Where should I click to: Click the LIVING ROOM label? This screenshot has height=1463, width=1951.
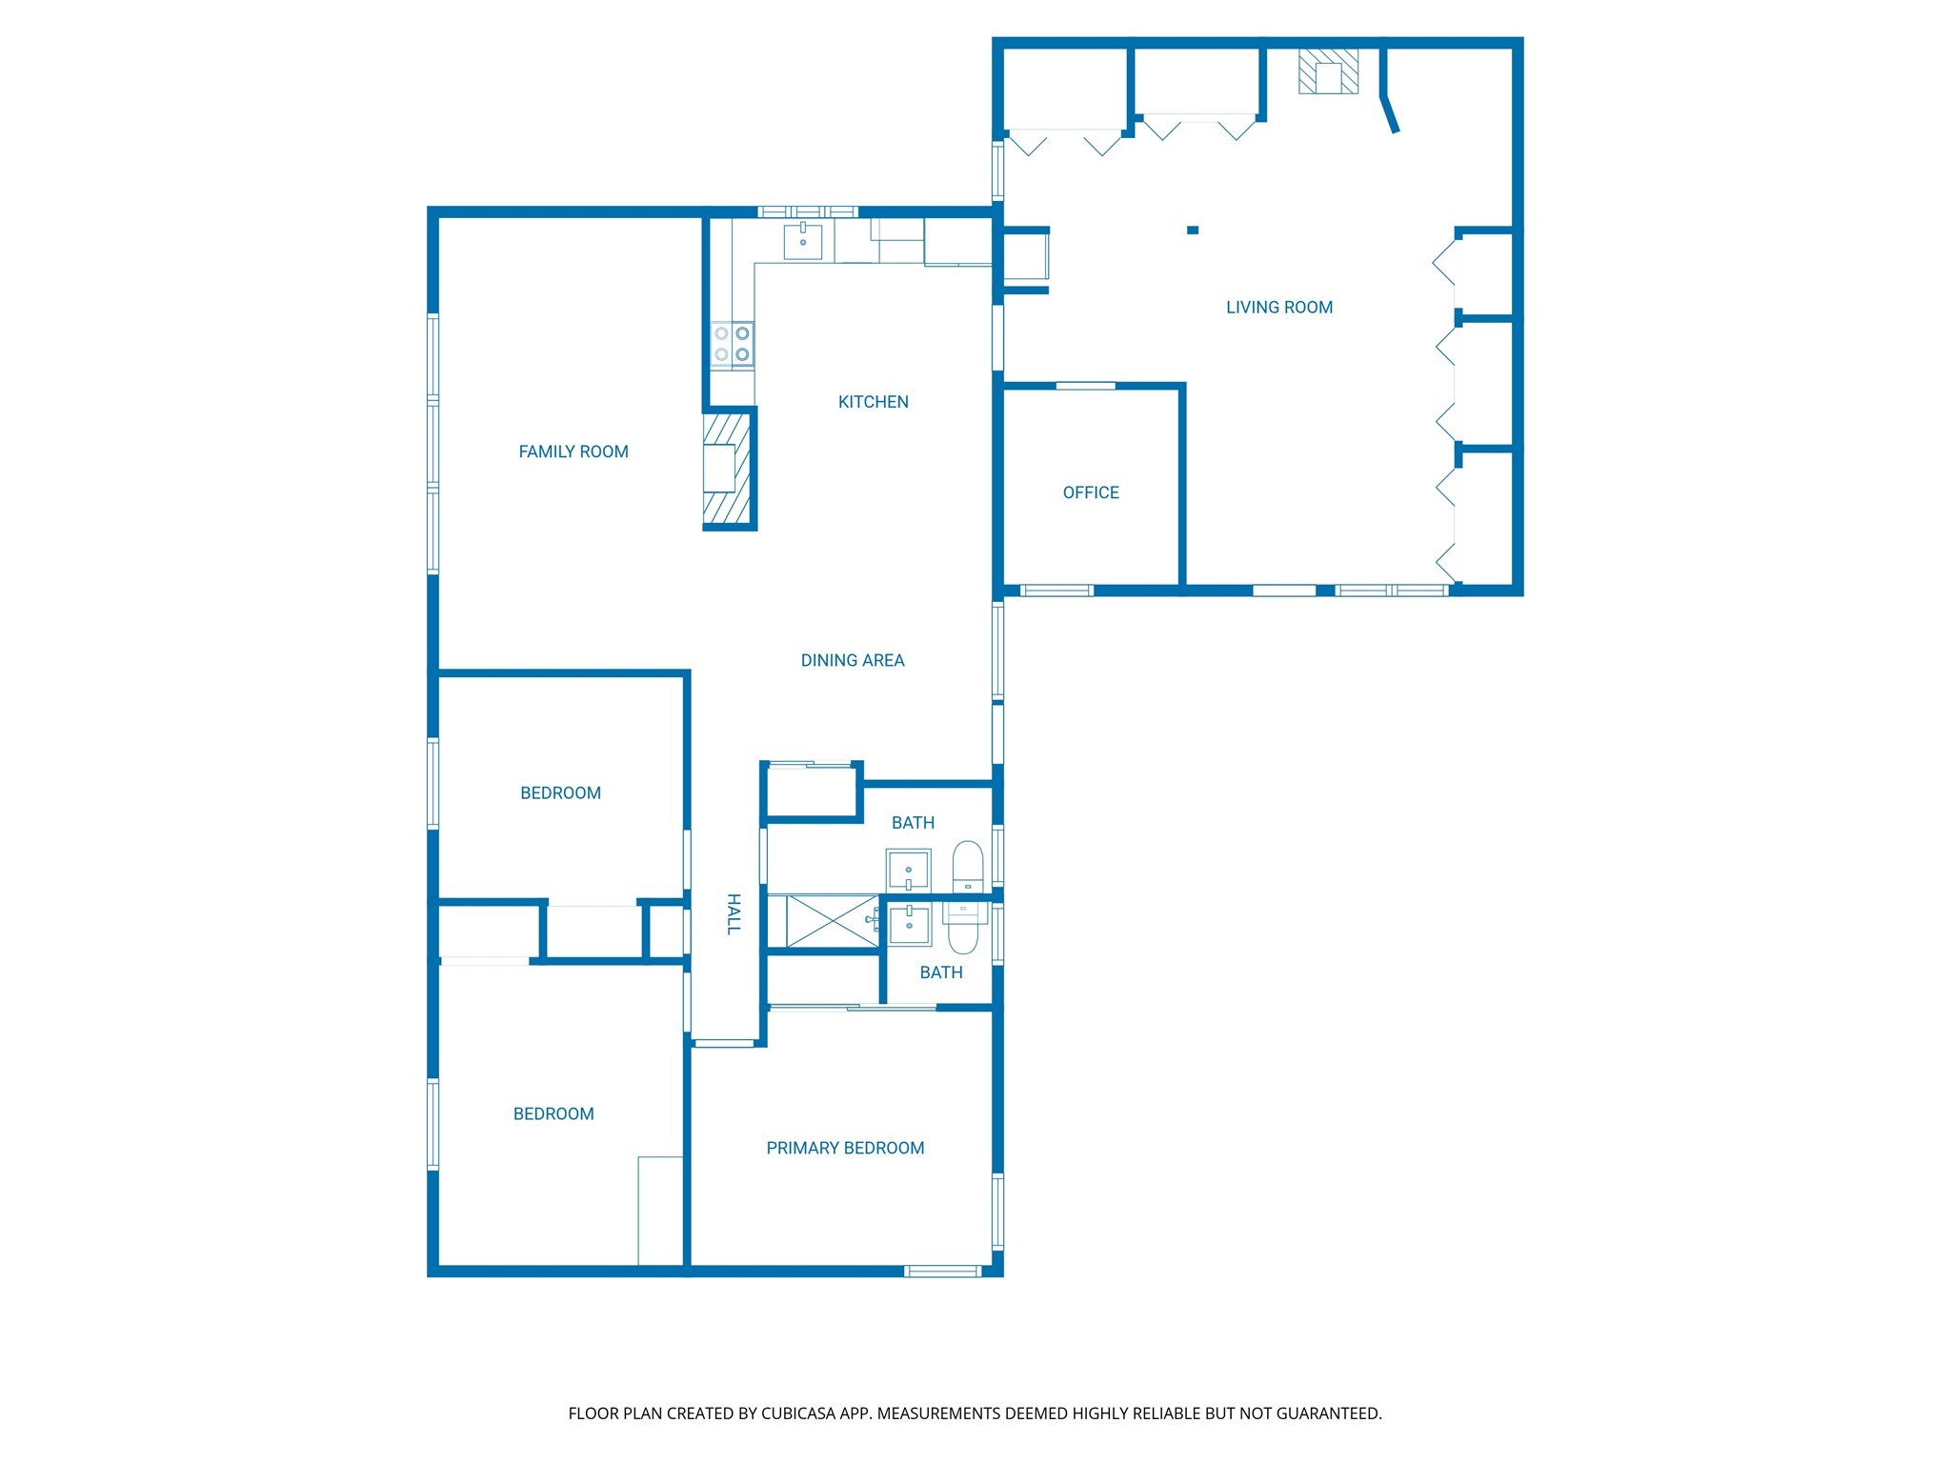1278,308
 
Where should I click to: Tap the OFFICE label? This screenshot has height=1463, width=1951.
1091,492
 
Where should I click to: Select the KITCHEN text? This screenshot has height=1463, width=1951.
873,402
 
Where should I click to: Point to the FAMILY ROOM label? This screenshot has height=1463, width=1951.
573,451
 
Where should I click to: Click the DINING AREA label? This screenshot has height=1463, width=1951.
852,660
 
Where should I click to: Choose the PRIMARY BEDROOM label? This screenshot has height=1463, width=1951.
845,1148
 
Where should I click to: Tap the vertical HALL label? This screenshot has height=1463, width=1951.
734,913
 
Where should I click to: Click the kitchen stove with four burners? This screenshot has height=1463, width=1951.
732,344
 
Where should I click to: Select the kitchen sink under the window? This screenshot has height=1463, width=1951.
802,241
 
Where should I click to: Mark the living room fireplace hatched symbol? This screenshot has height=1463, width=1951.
1328,72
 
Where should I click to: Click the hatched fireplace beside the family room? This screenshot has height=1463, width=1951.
728,469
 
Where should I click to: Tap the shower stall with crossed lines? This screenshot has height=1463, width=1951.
832,921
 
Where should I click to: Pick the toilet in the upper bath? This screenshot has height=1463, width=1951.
968,866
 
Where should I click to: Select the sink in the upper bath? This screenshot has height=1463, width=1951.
908,871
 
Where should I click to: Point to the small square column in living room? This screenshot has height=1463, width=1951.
1192,230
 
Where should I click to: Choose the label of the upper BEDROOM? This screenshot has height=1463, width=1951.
560,792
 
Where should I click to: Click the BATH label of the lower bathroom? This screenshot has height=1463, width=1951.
940,972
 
